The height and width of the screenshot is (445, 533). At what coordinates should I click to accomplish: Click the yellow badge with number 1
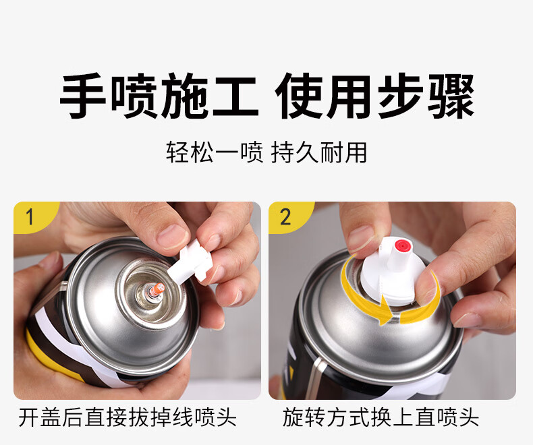[x=32, y=216]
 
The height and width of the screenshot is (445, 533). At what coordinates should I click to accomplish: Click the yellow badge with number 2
[x=287, y=216]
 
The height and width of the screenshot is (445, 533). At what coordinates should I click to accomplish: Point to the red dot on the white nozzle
[x=402, y=245]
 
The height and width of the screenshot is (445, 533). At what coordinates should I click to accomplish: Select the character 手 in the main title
[x=82, y=96]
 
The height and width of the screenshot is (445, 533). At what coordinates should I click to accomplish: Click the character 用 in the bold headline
[x=347, y=96]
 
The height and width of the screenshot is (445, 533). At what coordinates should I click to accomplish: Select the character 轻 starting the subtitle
[x=177, y=152]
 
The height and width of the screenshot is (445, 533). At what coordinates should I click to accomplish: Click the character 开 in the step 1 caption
[x=29, y=417]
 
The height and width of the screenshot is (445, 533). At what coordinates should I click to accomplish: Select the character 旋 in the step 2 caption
[x=293, y=417]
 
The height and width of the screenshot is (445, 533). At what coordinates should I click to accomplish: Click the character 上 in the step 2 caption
[x=403, y=417]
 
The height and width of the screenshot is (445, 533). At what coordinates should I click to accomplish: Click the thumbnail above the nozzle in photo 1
[x=172, y=237]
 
